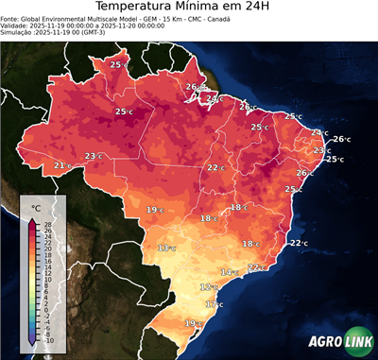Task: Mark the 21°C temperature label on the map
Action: click(x=61, y=165)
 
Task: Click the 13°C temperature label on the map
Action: click(x=166, y=248)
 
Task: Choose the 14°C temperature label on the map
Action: click(x=227, y=272)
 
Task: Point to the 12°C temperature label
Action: click(x=207, y=286)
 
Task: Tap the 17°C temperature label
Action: click(x=214, y=304)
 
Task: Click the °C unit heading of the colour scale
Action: click(x=36, y=207)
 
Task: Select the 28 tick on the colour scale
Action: click(x=48, y=224)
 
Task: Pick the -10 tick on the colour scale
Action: click(x=48, y=340)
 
